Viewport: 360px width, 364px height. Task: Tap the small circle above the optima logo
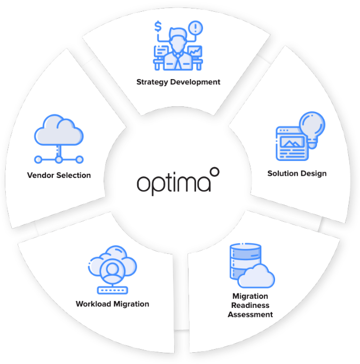click(215, 172)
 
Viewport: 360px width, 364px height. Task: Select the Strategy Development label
click(178, 82)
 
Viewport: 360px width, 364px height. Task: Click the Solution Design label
click(296, 173)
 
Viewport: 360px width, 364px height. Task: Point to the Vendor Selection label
click(59, 175)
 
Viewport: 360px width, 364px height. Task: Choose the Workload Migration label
click(112, 304)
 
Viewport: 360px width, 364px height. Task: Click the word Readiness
click(250, 305)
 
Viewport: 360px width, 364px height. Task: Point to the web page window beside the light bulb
click(291, 143)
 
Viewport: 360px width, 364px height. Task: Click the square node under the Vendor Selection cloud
click(59, 159)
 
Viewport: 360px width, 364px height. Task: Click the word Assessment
click(250, 314)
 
